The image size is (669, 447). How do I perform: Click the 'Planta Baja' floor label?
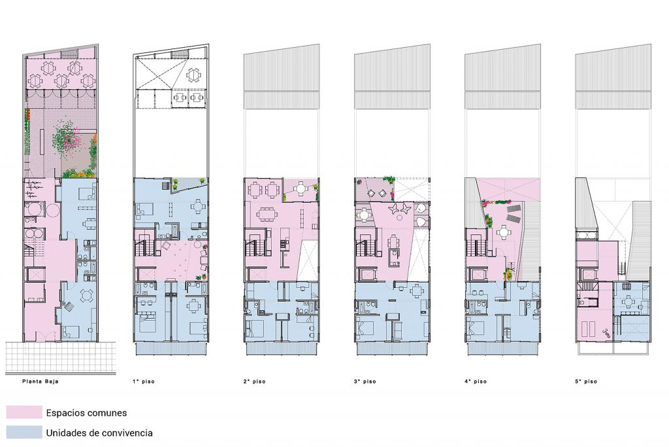pos(40,381)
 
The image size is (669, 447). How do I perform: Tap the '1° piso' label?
pos(143,381)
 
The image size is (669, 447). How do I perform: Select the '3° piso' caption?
pos(365,381)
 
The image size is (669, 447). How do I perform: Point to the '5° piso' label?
pos(586,381)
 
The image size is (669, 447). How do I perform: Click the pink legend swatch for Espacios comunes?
pos(24,412)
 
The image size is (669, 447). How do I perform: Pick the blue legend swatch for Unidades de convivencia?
pos(24,433)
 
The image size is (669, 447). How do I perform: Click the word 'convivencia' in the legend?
pos(127,433)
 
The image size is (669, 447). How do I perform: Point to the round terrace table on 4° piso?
pos(504,232)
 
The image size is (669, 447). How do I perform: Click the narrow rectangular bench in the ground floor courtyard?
pos(42,143)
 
